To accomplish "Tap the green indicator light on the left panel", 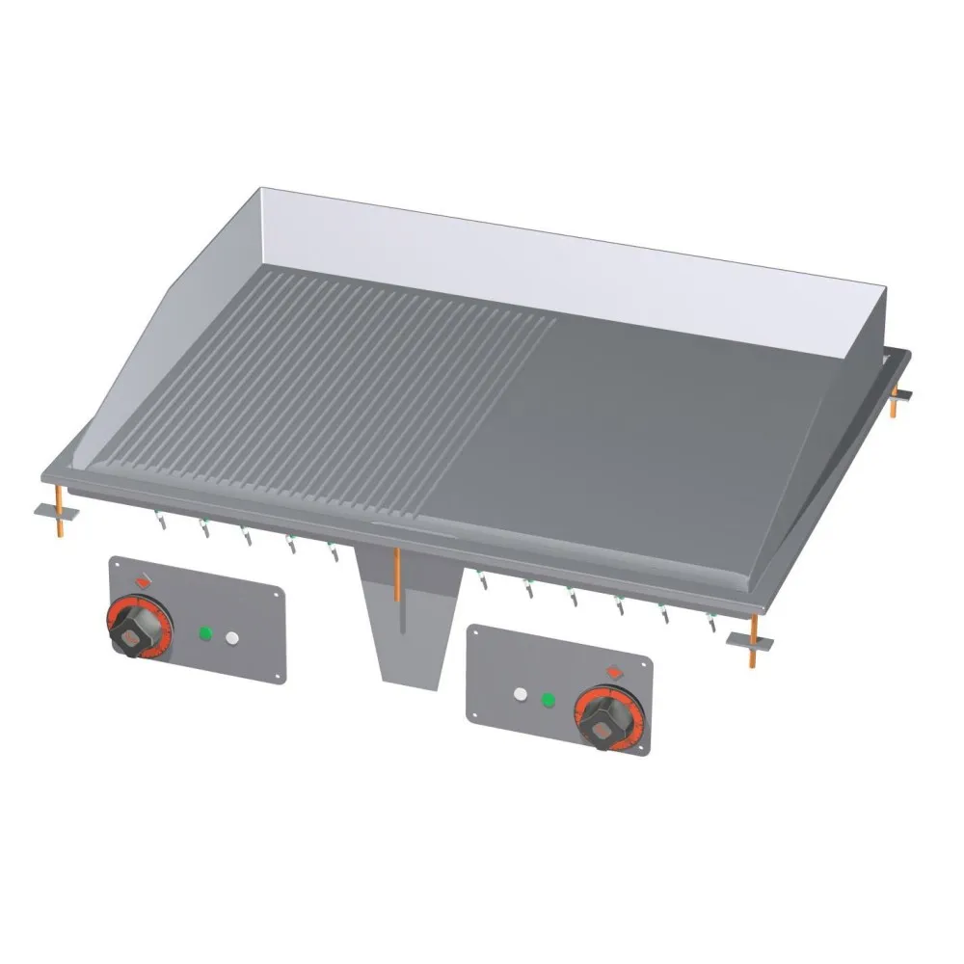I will coord(204,633).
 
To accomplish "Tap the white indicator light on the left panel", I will coord(231,637).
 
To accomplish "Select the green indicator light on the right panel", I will coord(549,699).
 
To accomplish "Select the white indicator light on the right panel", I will coord(522,694).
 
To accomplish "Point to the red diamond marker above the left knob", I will coord(143,580).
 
